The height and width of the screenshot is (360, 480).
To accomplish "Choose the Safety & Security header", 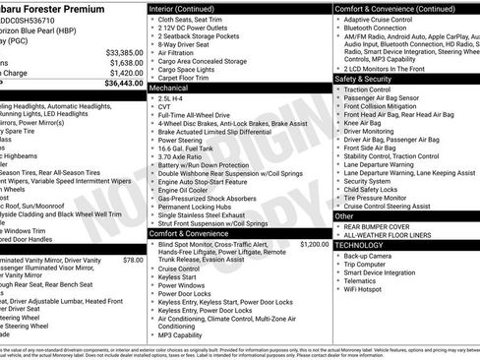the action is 365,79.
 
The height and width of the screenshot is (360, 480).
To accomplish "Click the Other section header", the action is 344,216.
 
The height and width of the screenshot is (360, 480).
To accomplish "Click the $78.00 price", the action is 133,261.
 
